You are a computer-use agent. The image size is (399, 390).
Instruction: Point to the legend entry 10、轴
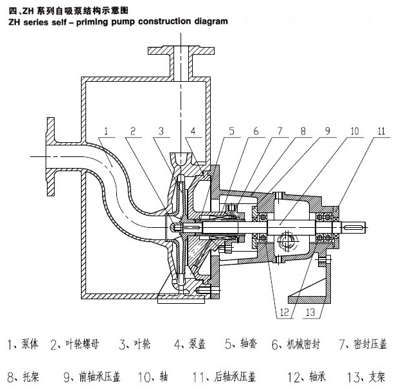click(x=161, y=375)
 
